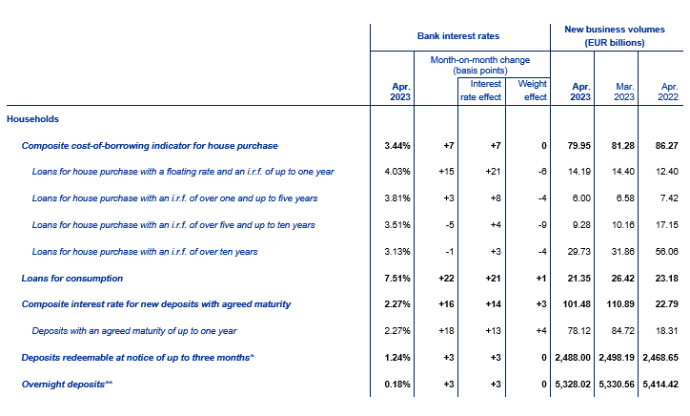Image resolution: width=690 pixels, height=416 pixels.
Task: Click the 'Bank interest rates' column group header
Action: (x=458, y=35)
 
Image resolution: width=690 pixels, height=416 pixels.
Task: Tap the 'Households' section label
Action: (x=33, y=119)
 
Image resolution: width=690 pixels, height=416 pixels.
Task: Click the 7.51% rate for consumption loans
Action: (x=395, y=278)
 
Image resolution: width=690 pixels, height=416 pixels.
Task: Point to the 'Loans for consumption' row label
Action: (x=72, y=278)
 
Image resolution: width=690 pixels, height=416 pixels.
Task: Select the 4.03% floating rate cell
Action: (x=396, y=172)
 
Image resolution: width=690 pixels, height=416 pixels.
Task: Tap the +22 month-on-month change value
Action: (x=440, y=278)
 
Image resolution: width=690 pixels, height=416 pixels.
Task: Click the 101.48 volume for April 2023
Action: (x=578, y=303)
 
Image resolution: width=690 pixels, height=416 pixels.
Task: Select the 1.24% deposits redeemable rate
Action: (x=395, y=357)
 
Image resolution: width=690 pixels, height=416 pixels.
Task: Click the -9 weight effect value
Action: (x=539, y=225)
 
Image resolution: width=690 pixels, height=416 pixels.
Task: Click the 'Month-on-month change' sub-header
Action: (x=469, y=64)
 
